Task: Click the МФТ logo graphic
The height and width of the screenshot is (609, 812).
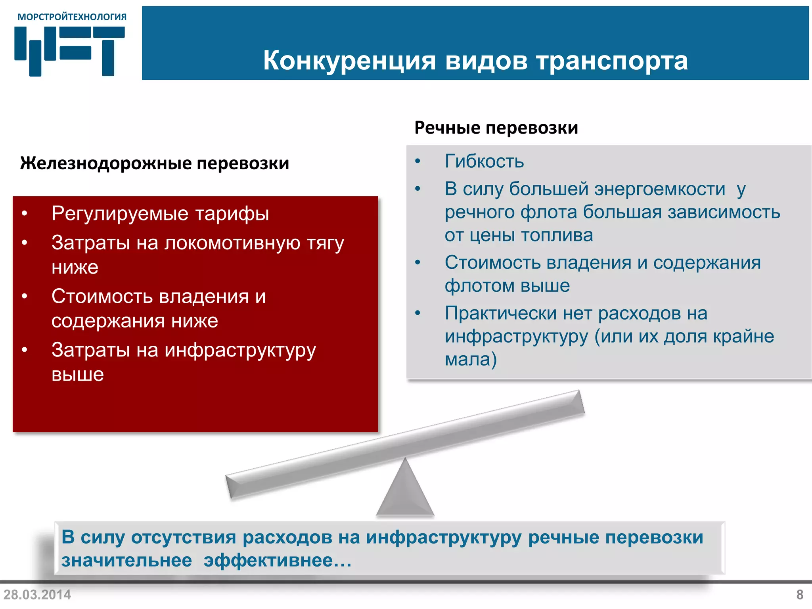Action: tap(69, 50)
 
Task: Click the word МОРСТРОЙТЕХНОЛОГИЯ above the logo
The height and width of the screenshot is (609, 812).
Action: tap(72, 17)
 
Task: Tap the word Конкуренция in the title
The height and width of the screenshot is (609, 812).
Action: tap(349, 61)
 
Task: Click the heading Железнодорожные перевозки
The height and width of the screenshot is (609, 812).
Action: tap(155, 163)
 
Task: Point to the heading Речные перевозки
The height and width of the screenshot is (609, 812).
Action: tap(496, 128)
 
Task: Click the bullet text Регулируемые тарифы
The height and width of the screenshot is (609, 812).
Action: tap(160, 214)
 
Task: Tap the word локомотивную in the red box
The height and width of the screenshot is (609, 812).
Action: tap(232, 243)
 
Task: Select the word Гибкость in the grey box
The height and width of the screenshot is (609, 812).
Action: tap(484, 161)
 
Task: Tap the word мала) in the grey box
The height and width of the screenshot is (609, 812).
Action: tap(471, 359)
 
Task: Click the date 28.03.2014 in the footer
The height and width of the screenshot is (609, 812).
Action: tap(37, 595)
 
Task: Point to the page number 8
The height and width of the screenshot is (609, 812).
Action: tap(800, 595)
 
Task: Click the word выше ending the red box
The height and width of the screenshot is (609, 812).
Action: tap(78, 375)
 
